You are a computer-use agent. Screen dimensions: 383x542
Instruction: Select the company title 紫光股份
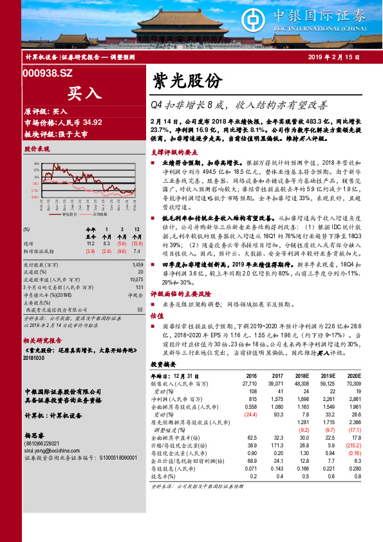tap(187, 80)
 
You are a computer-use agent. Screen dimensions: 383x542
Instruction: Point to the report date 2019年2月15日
tap(333, 59)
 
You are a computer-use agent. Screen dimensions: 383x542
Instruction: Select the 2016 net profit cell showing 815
tap(252, 400)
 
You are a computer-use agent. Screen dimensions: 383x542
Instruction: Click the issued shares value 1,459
tap(136, 265)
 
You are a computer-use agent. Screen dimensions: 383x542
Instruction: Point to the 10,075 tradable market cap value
tap(135, 279)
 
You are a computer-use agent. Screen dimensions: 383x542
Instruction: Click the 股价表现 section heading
tap(37, 149)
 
